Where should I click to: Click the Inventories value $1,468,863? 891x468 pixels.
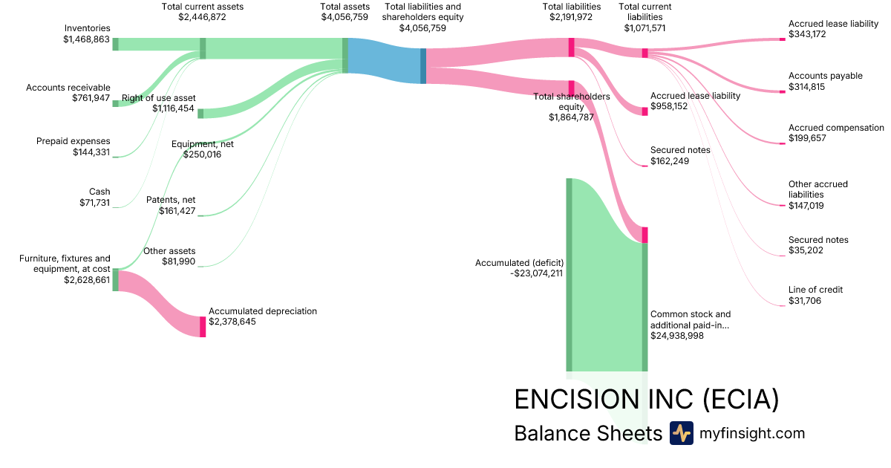point(86,39)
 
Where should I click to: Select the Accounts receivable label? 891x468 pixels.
point(68,88)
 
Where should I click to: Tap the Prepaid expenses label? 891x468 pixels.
point(73,141)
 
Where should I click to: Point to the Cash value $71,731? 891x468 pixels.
point(94,202)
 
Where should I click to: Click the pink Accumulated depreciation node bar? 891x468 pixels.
point(203,326)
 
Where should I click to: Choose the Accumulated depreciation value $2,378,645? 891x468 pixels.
point(232,322)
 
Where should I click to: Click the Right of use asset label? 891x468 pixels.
point(158,98)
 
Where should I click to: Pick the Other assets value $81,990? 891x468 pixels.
point(179,261)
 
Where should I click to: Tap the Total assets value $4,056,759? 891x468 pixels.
point(345,17)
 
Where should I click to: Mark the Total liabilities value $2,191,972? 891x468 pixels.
point(572,17)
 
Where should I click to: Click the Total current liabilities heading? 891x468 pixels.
point(644,12)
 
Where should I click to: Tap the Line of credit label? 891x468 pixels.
point(815,290)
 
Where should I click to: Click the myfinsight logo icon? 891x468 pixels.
point(681,433)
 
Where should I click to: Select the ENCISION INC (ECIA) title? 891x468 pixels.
point(646,400)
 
